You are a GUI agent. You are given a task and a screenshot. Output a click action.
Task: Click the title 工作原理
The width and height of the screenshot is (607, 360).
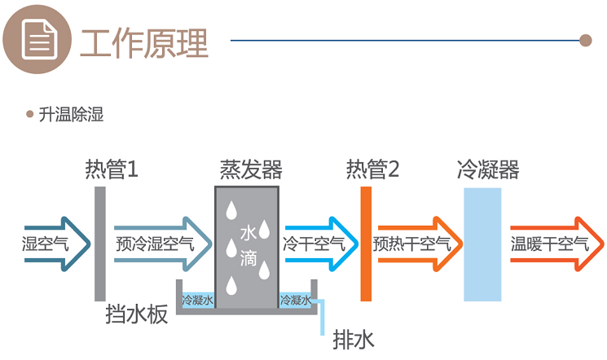[144, 42]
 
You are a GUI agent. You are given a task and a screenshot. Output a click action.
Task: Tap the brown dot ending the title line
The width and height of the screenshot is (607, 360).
[584, 40]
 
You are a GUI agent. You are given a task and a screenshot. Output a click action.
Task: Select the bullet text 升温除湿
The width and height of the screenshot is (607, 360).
[71, 115]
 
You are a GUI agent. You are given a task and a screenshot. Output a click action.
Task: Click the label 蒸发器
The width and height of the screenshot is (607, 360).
[250, 169]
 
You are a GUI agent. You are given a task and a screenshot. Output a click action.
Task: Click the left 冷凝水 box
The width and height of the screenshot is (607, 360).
[197, 301]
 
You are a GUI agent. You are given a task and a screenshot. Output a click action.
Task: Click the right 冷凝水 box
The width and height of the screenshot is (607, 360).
[296, 301]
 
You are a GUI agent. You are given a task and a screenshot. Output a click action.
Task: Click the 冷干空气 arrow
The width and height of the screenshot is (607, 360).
[316, 243]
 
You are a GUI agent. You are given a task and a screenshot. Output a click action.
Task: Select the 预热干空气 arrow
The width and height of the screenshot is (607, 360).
[416, 243]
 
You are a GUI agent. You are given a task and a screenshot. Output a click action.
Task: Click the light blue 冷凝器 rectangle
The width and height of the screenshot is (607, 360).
[482, 244]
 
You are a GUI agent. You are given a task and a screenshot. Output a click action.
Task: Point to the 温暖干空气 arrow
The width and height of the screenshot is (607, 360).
[554, 243]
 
